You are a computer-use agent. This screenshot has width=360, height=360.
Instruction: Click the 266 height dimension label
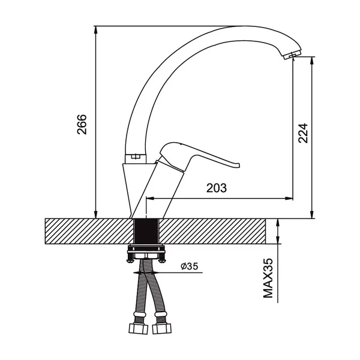(82, 124)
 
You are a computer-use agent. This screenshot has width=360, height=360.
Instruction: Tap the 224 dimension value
(303, 133)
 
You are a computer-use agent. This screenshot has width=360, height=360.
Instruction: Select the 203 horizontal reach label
(216, 188)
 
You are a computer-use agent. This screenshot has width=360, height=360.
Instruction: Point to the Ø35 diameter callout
(190, 266)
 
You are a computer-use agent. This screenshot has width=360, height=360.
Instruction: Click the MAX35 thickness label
(268, 278)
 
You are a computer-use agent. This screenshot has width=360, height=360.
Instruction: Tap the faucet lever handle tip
(239, 165)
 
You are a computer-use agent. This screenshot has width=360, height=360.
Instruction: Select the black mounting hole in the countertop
(146, 231)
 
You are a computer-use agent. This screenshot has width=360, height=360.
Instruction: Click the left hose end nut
(138, 328)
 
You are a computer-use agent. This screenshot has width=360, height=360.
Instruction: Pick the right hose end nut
(162, 328)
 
